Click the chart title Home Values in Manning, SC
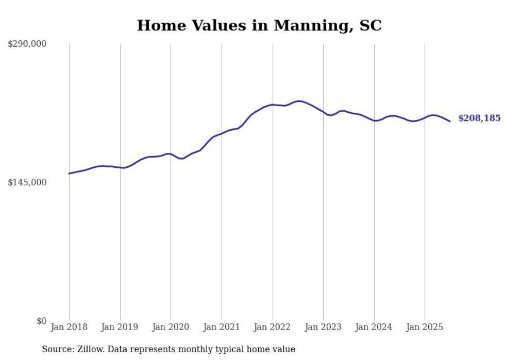(x=259, y=25)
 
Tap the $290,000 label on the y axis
(x=27, y=44)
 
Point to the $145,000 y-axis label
(x=27, y=182)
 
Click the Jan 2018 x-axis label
(x=69, y=327)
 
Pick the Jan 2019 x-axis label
(x=120, y=327)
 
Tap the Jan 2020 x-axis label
(x=171, y=327)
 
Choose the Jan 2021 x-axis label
(x=222, y=327)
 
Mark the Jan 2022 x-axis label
(x=273, y=327)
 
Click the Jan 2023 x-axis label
(x=323, y=327)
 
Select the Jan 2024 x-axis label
(x=374, y=327)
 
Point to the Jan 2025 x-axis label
(x=425, y=327)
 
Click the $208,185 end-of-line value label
(x=479, y=118)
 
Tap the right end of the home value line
(x=450, y=122)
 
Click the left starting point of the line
(x=69, y=174)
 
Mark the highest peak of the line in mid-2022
(x=298, y=101)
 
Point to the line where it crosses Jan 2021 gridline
(x=222, y=133)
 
